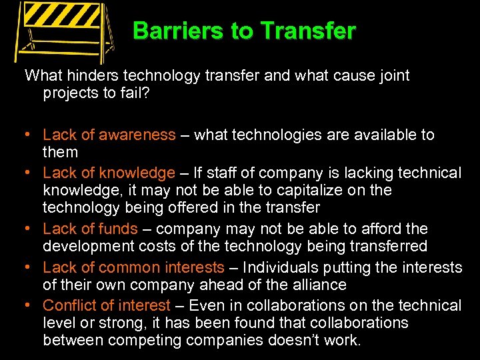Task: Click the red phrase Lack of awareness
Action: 109,135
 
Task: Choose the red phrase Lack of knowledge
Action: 109,173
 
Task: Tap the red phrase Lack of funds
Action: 90,229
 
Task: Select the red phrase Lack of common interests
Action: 133,268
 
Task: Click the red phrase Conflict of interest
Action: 107,306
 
